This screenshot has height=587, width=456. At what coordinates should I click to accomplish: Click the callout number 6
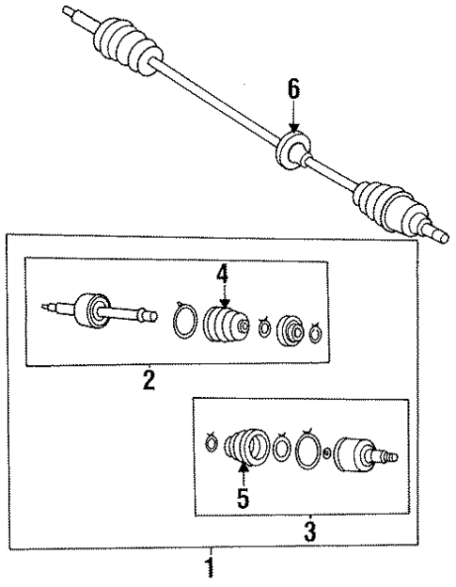click(x=293, y=89)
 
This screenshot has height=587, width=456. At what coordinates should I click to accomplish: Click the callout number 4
click(x=222, y=274)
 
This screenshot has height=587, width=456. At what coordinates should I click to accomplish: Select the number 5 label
click(x=244, y=499)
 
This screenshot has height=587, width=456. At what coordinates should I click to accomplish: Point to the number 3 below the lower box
click(x=309, y=531)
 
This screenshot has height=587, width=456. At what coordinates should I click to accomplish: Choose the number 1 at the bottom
click(x=211, y=566)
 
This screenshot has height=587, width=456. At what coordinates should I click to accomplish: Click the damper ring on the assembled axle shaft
click(x=293, y=151)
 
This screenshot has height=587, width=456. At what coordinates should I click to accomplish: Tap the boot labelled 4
click(x=225, y=325)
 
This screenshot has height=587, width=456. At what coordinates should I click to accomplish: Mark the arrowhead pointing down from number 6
click(x=293, y=126)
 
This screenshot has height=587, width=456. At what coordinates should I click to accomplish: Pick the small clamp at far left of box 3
click(x=212, y=439)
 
